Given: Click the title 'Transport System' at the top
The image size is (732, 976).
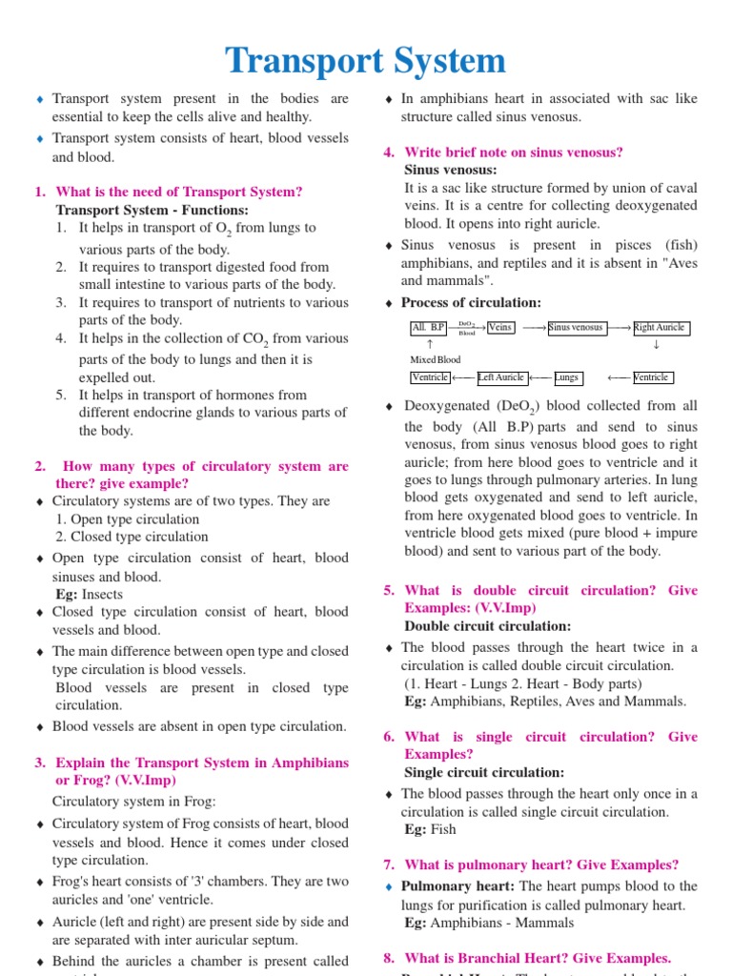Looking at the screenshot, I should [x=366, y=61].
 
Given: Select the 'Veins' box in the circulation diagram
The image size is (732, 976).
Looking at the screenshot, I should [x=499, y=328].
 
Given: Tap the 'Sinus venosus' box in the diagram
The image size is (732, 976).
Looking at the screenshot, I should [x=576, y=328].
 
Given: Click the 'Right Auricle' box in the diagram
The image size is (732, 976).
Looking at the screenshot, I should [x=660, y=328].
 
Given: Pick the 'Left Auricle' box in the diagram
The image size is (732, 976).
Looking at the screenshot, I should [x=500, y=377].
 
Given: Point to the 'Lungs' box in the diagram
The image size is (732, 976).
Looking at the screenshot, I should [x=567, y=377].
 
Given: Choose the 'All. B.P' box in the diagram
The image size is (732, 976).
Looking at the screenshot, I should [x=428, y=328].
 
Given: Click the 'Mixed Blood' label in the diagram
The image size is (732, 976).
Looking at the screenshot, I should [x=435, y=360].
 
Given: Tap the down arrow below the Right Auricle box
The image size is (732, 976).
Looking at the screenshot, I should [x=656, y=344].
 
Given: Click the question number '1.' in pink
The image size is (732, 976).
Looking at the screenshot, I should [x=40, y=192].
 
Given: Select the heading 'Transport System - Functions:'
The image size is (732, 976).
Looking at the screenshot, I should [x=152, y=210].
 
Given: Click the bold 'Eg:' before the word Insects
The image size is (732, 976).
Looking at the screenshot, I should [x=68, y=594].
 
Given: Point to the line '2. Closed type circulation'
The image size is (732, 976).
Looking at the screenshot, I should [x=132, y=537].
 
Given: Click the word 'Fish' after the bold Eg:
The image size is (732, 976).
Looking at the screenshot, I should [x=443, y=829].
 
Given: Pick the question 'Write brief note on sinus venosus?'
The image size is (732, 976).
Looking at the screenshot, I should [x=514, y=152].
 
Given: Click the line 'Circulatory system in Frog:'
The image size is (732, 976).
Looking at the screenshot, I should [x=134, y=801].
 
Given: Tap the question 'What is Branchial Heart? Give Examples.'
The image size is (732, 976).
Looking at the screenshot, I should [x=538, y=958].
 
